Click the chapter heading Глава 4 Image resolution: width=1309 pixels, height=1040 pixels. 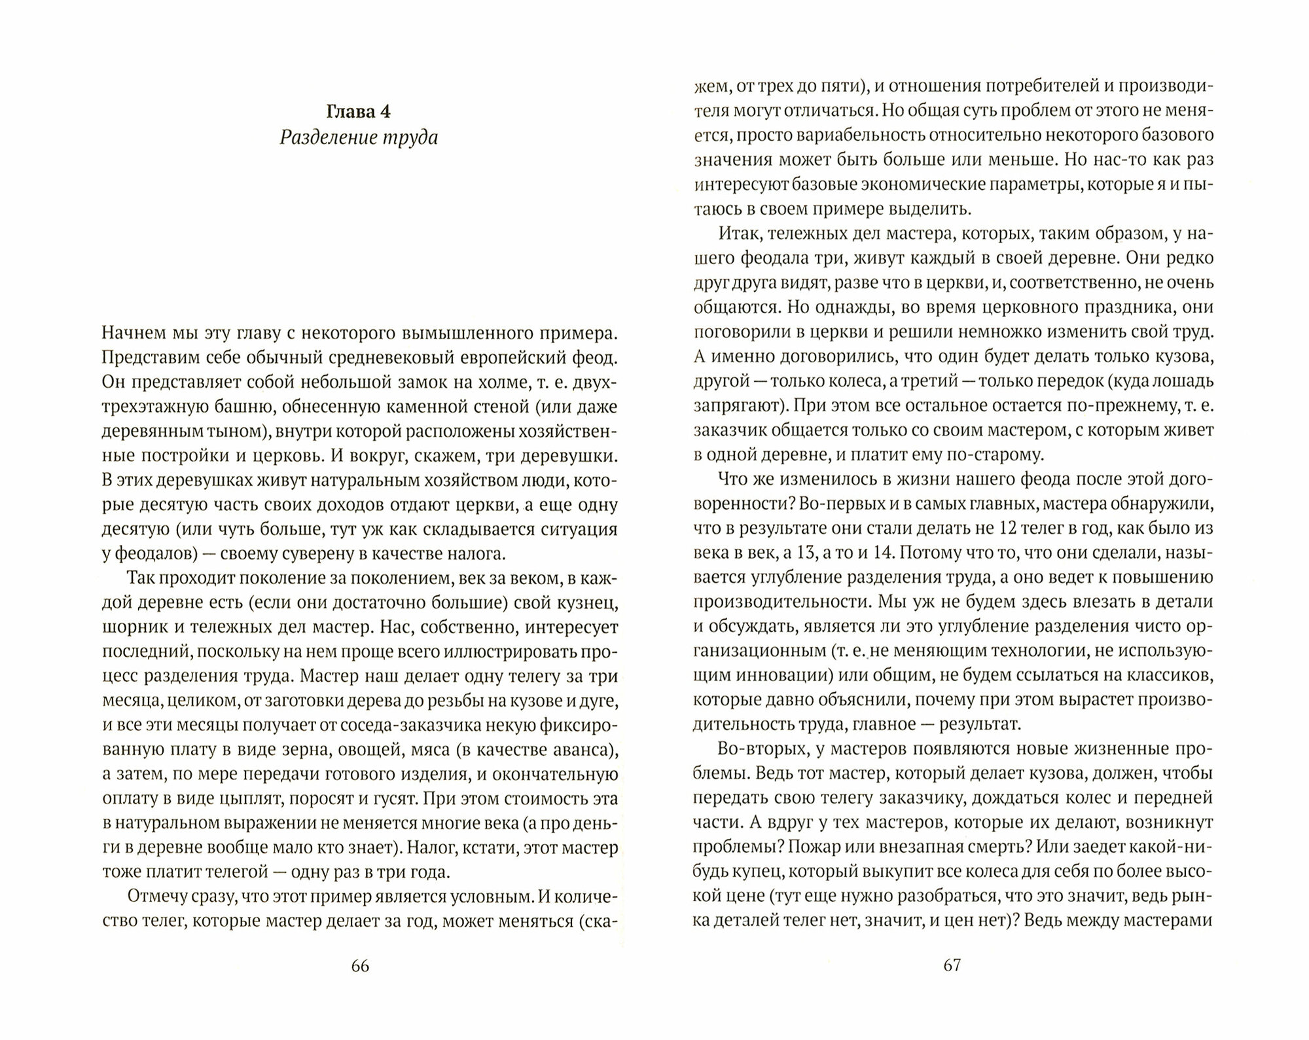coord(359,111)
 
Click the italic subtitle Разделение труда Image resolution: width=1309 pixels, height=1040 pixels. coord(359,138)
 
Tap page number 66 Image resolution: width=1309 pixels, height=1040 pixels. coord(360,966)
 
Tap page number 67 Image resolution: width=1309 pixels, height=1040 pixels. coord(952,965)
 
